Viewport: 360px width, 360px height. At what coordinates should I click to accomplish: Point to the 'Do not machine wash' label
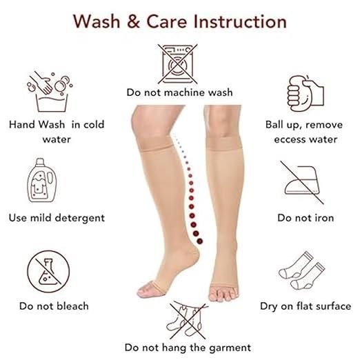click(179, 92)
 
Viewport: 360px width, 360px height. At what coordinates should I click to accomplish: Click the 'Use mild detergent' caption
click(57, 218)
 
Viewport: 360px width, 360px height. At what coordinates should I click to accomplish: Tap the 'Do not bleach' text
click(53, 306)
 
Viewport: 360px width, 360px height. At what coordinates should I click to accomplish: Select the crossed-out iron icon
click(304, 181)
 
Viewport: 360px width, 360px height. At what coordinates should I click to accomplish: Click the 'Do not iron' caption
click(305, 218)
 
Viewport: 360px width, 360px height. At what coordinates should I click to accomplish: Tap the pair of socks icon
click(304, 270)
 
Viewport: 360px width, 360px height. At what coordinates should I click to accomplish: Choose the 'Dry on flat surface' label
click(305, 306)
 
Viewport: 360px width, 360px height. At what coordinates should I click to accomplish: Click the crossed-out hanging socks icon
click(179, 317)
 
